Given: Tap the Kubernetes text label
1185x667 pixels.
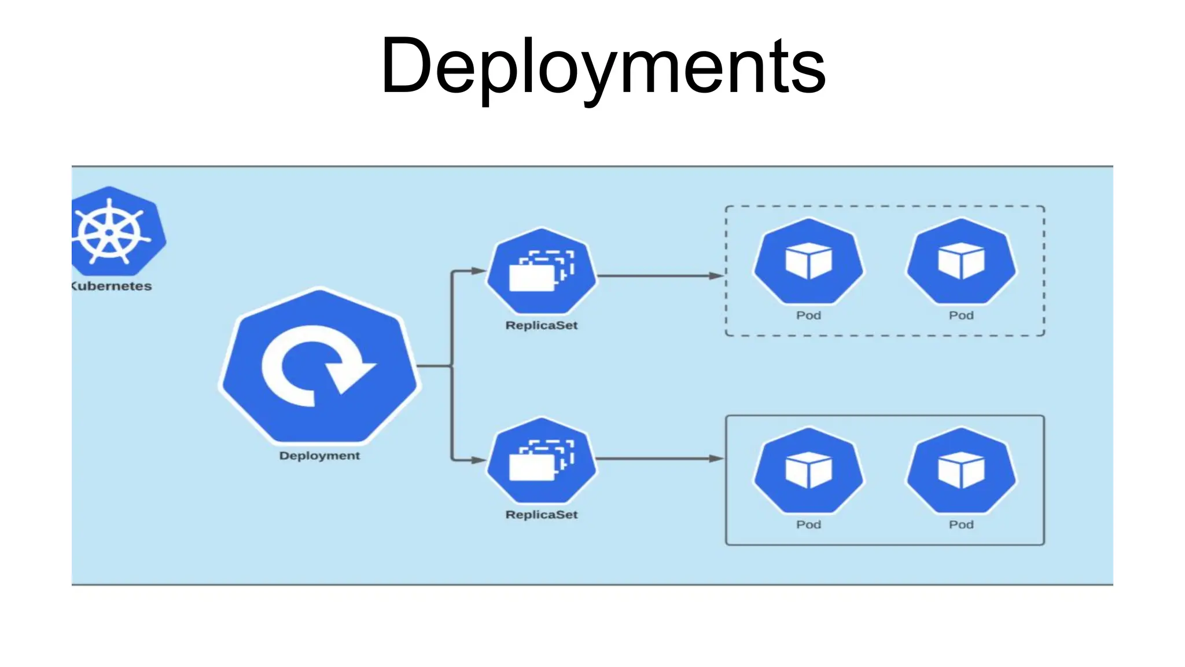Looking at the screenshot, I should (112, 286).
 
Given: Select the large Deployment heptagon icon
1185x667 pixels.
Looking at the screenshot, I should (319, 366).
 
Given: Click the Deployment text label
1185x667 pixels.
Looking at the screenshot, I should (319, 456).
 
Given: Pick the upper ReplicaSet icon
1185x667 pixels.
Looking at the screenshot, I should (542, 271).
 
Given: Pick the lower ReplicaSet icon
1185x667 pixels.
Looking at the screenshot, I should (542, 460).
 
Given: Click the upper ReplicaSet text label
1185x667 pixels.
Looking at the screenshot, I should (542, 325).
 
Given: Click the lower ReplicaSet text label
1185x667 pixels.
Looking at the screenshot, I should (542, 515).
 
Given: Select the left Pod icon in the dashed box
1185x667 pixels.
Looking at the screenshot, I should (808, 261).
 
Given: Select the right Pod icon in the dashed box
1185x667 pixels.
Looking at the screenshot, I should (961, 261).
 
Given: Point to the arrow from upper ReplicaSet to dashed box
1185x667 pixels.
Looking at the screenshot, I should (660, 276).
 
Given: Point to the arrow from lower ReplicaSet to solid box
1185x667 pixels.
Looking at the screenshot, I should (660, 459).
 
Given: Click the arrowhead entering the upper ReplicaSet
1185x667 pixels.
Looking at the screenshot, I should (478, 270).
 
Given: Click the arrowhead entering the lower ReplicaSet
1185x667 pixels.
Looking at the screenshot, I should (478, 460).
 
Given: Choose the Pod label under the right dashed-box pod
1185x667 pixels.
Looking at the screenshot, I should (961, 316).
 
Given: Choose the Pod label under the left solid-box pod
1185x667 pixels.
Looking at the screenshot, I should (808, 525).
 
